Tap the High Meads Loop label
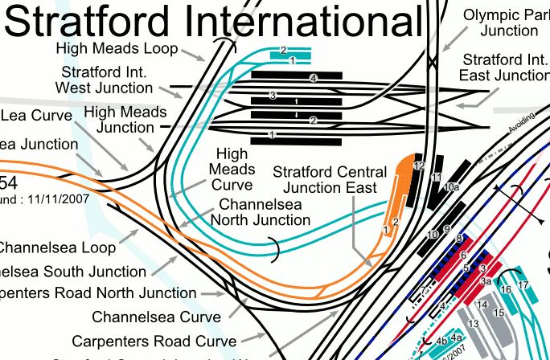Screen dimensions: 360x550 tap(117, 49)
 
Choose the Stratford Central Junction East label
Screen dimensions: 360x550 tap(325, 181)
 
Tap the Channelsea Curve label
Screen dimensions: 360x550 tap(156, 317)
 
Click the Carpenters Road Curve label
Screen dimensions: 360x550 tap(154, 341)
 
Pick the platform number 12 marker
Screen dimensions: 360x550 tap(419, 166)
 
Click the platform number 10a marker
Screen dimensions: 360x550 tap(451, 187)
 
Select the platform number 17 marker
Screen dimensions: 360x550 tap(523, 285)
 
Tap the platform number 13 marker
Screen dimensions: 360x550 tap(473, 323)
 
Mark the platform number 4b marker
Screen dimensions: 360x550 tap(441, 341)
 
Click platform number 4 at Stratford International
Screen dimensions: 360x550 tap(314, 77)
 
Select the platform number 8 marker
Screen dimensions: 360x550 tap(459, 239)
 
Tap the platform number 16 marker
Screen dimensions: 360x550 tap(506, 289)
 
